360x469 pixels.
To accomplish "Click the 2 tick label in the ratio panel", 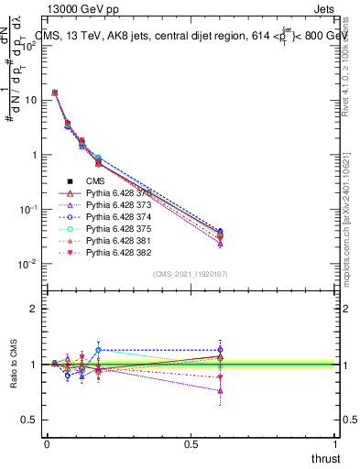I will (33, 309).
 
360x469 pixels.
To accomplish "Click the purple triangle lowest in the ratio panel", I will (220, 391).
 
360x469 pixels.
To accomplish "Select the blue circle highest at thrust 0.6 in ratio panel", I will (220, 349).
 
